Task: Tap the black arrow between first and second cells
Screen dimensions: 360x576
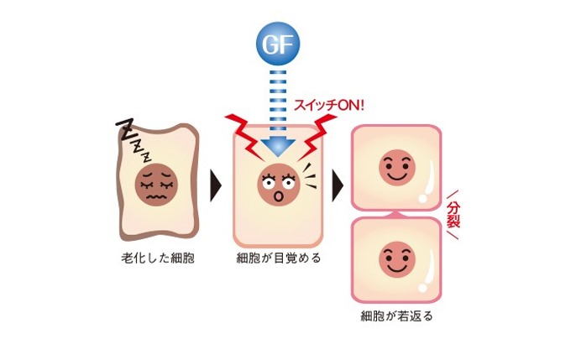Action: [213, 180]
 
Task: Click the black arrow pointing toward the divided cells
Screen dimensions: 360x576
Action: [338, 180]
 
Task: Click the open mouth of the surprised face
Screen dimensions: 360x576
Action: [279, 196]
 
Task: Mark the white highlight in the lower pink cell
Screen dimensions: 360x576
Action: [427, 269]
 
